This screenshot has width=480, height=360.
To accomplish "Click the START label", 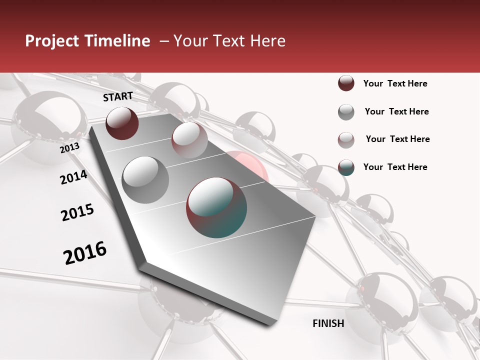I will [x=118, y=96].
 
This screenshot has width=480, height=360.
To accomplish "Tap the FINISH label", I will [x=328, y=323].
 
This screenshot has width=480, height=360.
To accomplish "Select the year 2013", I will [x=70, y=148].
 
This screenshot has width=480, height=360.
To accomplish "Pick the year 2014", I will [x=73, y=177].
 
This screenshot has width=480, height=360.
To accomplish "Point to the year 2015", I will [x=77, y=212].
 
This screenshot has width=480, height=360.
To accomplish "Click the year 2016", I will [x=85, y=252].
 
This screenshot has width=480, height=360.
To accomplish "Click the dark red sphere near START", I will [x=122, y=123].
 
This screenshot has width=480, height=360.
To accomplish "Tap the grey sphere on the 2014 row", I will [x=145, y=180].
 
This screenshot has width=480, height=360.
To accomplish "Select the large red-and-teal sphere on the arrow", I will [x=216, y=207].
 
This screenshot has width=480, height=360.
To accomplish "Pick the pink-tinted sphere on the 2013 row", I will [x=189, y=139].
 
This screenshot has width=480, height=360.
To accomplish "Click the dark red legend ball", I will [x=346, y=83].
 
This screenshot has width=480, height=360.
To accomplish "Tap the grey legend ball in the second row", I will [x=346, y=112].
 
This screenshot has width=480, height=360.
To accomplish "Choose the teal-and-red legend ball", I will [x=346, y=167].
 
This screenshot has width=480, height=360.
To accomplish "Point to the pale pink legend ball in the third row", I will [x=346, y=140].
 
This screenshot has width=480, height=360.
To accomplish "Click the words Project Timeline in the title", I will [x=87, y=41].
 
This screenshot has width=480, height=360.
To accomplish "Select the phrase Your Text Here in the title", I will [x=229, y=41].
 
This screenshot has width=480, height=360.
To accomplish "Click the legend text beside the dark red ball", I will [x=395, y=83].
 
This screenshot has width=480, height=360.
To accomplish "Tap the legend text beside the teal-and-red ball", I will [x=395, y=167].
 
